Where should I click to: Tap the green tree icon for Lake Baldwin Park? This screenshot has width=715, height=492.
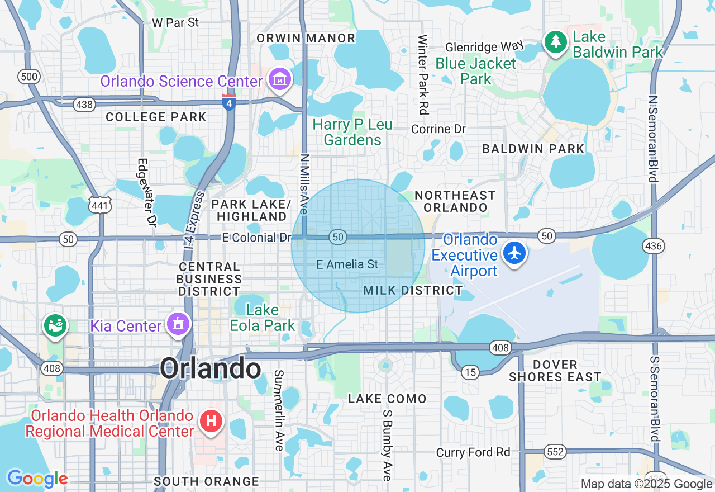coord(555,42)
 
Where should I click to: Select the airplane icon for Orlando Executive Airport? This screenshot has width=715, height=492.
coord(514,253)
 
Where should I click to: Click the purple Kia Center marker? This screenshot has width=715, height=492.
coord(178,324)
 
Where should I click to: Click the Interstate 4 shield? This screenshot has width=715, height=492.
coord(228,103)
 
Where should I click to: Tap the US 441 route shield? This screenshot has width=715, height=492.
coord(101,205)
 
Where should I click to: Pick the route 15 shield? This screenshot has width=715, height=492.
coord(471,372)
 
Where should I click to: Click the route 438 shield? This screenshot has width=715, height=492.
coord(84,104)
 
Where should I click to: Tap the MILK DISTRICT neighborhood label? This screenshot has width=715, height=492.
coord(413,290)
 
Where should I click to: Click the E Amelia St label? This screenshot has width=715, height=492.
coord(347,264)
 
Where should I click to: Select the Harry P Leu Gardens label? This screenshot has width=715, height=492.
coord(352,132)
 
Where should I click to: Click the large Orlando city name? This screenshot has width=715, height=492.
coord(211,369)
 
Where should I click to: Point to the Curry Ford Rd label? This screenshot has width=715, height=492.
coord(473,452)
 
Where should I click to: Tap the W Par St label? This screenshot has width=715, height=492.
coord(175,23)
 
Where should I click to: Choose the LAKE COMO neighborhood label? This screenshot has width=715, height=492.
coord(387,399)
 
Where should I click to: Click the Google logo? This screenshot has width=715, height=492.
coord(37,479)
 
